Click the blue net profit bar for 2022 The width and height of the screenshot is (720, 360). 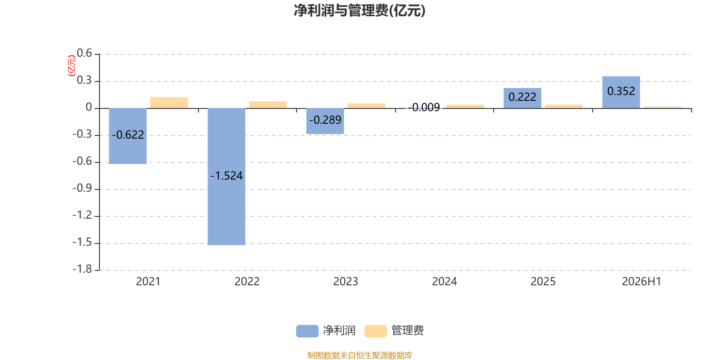(227, 176)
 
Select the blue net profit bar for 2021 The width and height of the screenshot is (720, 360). (128, 136)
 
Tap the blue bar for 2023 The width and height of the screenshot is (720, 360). (325, 121)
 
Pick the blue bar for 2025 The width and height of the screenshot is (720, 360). (522, 98)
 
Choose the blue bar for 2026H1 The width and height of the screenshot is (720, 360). (621, 92)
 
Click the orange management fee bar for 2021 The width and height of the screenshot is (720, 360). (169, 103)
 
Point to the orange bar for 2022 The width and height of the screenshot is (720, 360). (268, 105)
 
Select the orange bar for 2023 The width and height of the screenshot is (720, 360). (366, 106)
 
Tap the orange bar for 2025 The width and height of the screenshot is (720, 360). (564, 106)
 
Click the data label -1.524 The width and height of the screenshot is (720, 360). (227, 176)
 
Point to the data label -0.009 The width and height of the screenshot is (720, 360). (424, 108)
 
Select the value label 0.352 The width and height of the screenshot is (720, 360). (621, 91)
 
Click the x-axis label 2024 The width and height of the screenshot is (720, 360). (445, 282)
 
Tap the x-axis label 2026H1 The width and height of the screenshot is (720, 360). (642, 282)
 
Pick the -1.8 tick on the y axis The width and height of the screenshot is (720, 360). (82, 269)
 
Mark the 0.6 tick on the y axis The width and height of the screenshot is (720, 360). (85, 53)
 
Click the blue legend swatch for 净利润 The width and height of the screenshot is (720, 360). (307, 331)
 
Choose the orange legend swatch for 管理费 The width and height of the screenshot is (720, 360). (376, 331)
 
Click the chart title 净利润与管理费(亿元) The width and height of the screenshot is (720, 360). (360, 11)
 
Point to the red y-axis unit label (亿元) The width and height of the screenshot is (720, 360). (72, 66)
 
